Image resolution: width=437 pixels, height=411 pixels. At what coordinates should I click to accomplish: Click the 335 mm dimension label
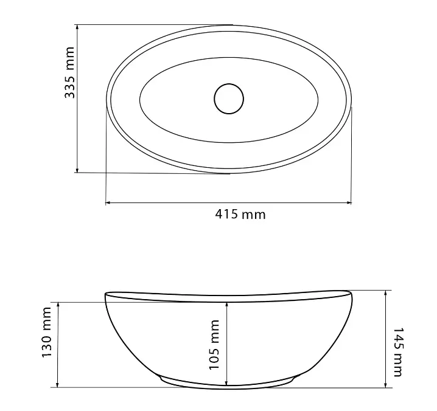(x=69, y=73)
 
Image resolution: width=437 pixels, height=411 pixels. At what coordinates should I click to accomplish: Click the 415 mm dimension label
(x=240, y=215)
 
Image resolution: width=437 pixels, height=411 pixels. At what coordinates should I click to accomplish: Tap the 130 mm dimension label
(x=46, y=332)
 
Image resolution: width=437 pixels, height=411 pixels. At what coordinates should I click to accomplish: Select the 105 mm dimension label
(x=214, y=345)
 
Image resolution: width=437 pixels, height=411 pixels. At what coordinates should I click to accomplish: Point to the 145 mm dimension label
(x=397, y=352)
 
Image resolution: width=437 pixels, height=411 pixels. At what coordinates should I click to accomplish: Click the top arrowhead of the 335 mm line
(x=77, y=27)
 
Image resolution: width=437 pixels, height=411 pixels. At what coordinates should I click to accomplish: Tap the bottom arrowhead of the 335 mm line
(x=77, y=170)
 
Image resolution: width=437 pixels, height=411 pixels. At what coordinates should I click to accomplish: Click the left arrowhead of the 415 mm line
(x=109, y=202)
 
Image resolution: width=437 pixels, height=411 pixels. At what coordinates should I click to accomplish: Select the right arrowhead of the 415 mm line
(x=348, y=202)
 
